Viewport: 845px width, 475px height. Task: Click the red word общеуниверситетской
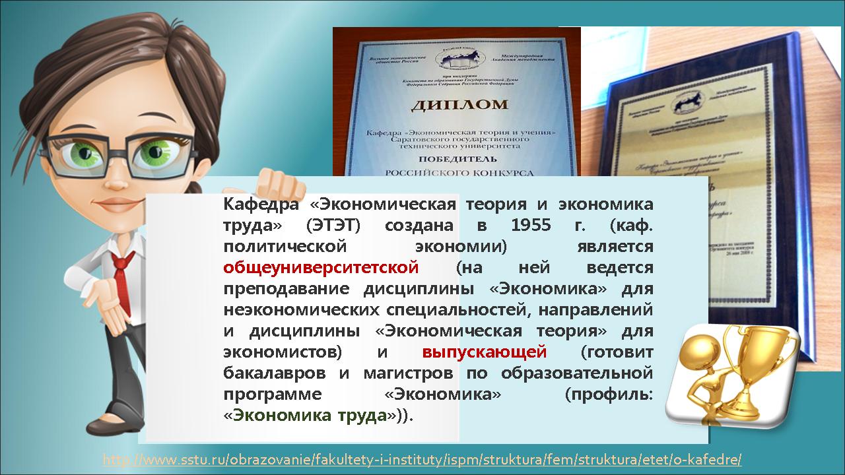[x=321, y=268]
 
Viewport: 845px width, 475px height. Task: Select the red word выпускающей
[x=484, y=352]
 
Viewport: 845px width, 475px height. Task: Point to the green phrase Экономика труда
[x=310, y=416]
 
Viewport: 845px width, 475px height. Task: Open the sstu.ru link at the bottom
[x=422, y=459]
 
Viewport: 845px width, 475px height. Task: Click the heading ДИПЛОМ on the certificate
[x=461, y=104]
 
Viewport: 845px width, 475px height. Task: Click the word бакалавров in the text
[x=275, y=373]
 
